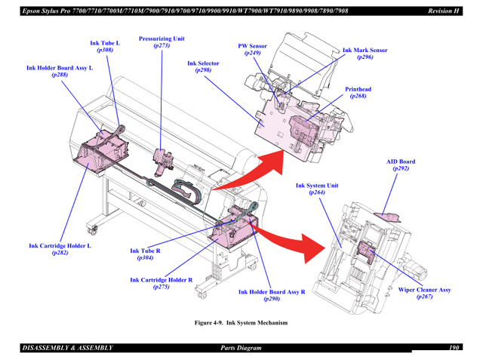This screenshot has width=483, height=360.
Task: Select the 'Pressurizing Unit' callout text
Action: pos(162,38)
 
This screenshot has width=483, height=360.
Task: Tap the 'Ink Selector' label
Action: pos(203,63)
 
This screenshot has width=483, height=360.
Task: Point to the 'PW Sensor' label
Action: pos(252,46)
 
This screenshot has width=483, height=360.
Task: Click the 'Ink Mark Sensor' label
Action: pos(365,51)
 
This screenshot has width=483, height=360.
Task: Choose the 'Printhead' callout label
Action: pos(358,89)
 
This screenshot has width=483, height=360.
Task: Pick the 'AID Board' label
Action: pos(401,162)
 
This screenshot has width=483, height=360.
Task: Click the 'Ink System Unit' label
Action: pos(317,186)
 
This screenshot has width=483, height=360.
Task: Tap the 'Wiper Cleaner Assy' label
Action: pos(424,290)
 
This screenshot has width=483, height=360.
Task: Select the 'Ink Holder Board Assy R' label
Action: pos(272,292)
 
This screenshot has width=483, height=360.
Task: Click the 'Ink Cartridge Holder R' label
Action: pos(161,280)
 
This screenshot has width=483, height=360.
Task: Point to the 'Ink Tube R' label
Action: pos(145,251)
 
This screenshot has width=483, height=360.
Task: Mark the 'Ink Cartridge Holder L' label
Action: pos(60,246)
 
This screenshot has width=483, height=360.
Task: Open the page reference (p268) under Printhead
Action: pos(358,96)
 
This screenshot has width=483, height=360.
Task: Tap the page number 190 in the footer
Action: pos(454,348)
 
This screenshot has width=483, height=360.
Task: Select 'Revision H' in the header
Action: pos(444,11)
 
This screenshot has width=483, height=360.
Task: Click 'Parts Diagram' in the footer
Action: pos(241,348)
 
